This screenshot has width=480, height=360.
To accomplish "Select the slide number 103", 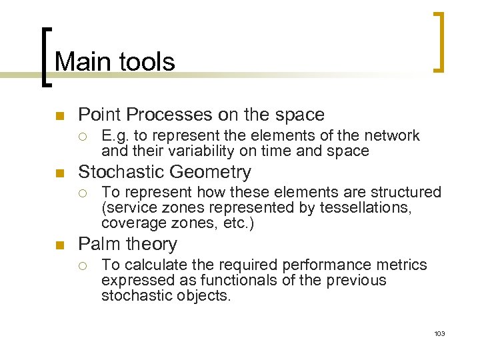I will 439,333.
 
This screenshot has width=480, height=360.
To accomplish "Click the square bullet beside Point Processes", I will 59,116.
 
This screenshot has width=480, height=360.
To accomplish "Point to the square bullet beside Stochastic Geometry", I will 59,173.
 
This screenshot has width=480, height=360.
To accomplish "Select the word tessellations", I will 365,208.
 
